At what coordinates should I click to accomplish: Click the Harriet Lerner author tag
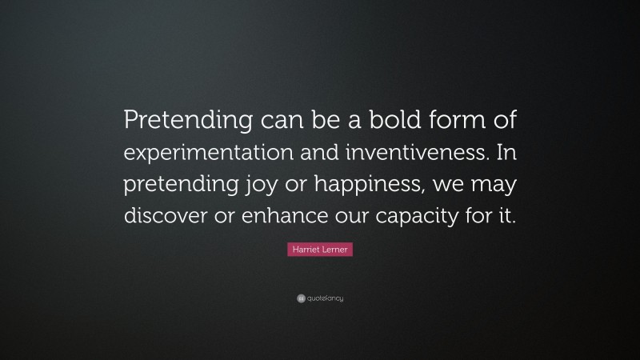coord(319,250)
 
